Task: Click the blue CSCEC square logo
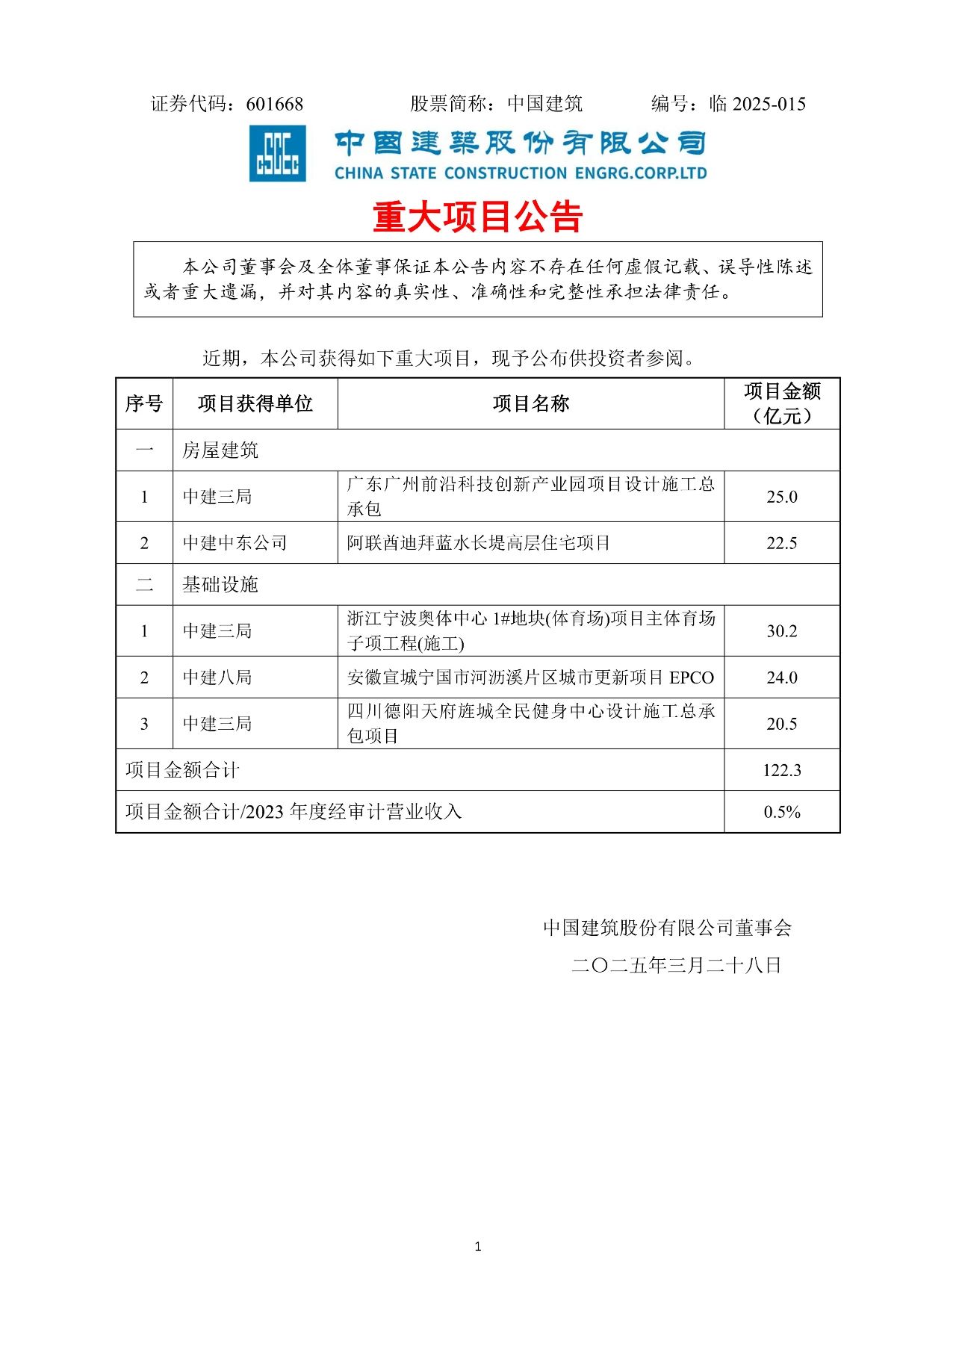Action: [277, 154]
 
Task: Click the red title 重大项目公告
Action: [477, 217]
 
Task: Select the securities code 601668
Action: [275, 104]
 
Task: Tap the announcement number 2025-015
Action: [769, 104]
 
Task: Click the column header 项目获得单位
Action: [255, 404]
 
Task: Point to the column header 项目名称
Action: [530, 404]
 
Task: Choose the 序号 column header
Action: [144, 404]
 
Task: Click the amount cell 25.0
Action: [781, 497]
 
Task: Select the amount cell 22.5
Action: [781, 543]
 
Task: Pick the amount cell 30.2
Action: [781, 631]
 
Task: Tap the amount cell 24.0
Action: [781, 677]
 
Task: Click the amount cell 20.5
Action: [781, 724]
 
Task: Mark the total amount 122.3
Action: [781, 770]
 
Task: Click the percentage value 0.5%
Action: [781, 812]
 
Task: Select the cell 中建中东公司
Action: [235, 543]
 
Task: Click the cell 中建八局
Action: [217, 677]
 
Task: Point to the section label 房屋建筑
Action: [220, 450]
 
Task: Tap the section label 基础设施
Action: [220, 585]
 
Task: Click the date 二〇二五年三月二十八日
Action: [676, 966]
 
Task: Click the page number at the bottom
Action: [478, 1247]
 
